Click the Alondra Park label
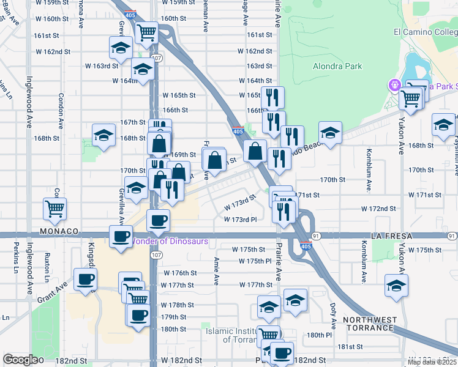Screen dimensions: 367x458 pyautogui.click(x=337, y=66)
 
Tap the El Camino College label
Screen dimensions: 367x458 pyautogui.click(x=424, y=32)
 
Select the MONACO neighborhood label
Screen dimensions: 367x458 pyautogui.click(x=60, y=232)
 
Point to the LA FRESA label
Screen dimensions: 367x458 pyautogui.click(x=392, y=235)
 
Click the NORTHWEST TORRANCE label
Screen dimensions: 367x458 pyautogui.click(x=367, y=324)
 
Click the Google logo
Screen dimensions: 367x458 pyautogui.click(x=20, y=360)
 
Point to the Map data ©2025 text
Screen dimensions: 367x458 pyautogui.click(x=432, y=362)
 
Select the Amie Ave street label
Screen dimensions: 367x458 pyautogui.click(x=217, y=271)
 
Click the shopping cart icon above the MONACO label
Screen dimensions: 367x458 pyautogui.click(x=55, y=209)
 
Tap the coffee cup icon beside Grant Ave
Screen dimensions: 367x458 pyautogui.click(x=85, y=280)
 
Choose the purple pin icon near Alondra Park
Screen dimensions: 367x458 pyautogui.click(x=394, y=85)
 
